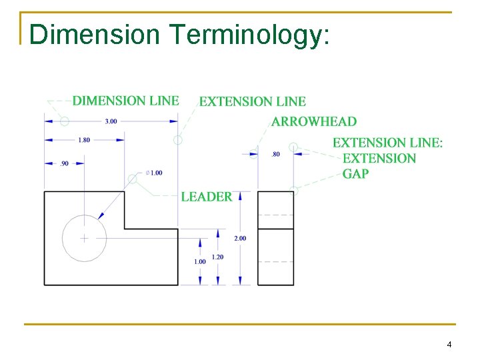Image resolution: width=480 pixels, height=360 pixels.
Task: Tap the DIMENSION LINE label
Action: coord(125,101)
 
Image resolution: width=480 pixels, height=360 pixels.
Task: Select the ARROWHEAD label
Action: coord(314,121)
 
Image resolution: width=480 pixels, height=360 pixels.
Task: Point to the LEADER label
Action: coord(207,197)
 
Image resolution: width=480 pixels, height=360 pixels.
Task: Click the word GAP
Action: coord(355,174)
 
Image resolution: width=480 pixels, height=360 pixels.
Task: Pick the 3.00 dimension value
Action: coord(111,121)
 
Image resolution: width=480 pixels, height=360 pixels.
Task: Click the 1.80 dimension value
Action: coord(84,140)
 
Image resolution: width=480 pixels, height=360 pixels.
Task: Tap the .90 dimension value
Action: coord(64,163)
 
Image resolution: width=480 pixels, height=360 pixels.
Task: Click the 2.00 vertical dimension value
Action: coord(240,238)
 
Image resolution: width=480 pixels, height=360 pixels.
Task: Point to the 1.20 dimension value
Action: coord(218,257)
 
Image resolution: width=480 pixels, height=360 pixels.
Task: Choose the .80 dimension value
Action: coord(276,155)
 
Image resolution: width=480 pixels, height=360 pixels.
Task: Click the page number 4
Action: coord(449,345)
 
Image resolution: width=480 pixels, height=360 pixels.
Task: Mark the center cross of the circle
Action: coord(84,238)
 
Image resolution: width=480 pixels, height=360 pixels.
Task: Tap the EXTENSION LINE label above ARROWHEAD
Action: coord(253,101)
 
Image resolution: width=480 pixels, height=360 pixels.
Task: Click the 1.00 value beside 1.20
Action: coord(200,262)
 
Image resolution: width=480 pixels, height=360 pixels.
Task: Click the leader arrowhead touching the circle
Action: coord(101,215)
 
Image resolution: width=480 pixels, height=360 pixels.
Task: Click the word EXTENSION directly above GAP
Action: coord(379,158)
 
